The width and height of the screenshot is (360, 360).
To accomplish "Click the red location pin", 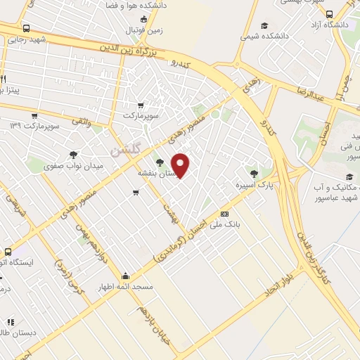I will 181,165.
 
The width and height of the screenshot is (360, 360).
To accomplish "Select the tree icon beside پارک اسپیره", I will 254,172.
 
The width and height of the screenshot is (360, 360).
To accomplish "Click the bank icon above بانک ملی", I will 224,214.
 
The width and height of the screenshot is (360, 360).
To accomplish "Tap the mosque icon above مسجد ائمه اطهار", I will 126,276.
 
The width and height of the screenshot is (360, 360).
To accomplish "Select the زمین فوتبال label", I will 143,31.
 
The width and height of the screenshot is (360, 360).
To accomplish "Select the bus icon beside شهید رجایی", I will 26,29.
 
